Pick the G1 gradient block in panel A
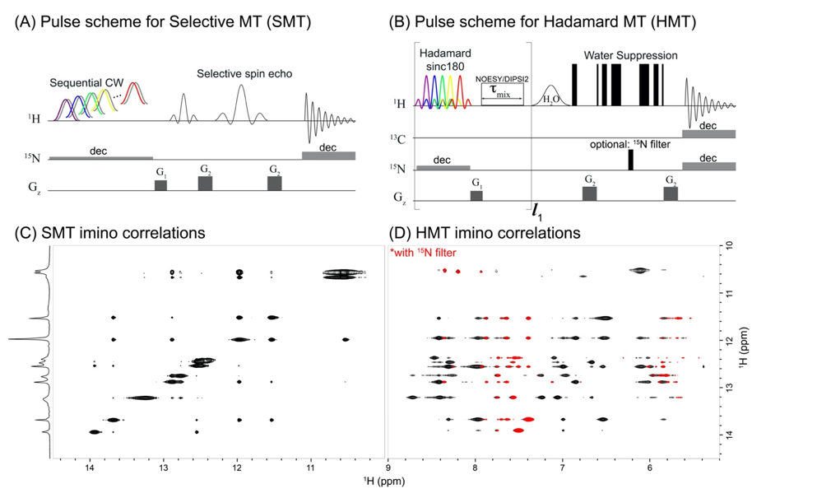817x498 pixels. [160, 185]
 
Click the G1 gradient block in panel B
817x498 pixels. [476, 195]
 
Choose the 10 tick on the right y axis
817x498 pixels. [726, 246]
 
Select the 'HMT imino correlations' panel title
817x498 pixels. [487, 233]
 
